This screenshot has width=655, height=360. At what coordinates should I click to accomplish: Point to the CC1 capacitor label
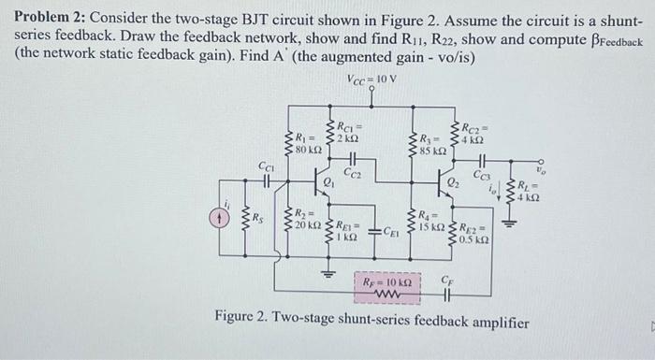[266, 165]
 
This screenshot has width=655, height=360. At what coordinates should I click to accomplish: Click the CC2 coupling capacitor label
[353, 173]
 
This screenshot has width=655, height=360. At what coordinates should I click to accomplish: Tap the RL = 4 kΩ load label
[530, 191]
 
